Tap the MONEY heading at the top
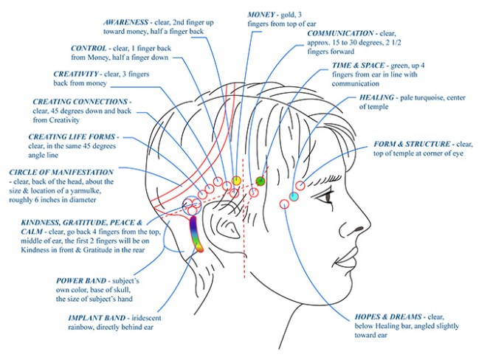click(266, 14)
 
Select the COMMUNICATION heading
click(342, 34)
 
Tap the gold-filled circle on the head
click(236, 180)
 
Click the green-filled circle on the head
click(260, 181)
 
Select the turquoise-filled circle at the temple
click(294, 196)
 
